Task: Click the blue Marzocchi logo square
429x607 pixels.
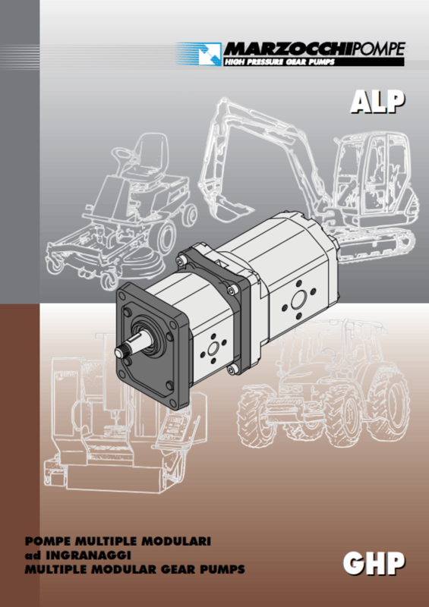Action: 210,54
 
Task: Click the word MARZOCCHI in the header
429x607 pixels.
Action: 289,49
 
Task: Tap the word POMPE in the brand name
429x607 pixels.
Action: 380,49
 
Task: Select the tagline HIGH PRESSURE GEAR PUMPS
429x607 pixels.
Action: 279,62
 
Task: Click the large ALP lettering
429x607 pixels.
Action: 377,102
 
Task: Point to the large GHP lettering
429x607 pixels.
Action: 374,563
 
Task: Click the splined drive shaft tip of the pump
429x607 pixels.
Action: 121,351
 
